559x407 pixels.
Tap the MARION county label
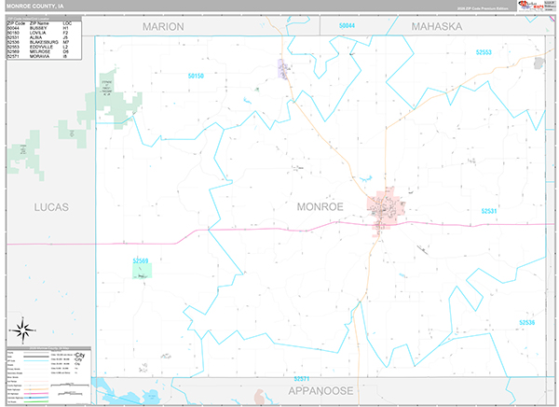click(x=163, y=26)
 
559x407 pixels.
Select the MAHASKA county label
click(x=436, y=26)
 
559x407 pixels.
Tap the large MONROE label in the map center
click(x=320, y=205)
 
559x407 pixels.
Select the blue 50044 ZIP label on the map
click(x=348, y=25)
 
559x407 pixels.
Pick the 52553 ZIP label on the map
click(x=509, y=52)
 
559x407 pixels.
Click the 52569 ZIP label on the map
click(x=141, y=260)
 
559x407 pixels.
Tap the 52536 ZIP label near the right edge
click(x=527, y=322)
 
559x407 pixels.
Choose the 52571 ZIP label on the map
click(x=301, y=378)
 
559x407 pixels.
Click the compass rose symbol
click(x=21, y=329)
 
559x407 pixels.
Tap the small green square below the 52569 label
click(x=142, y=272)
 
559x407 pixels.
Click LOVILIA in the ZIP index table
click(x=38, y=33)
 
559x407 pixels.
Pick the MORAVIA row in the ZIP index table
click(x=38, y=56)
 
